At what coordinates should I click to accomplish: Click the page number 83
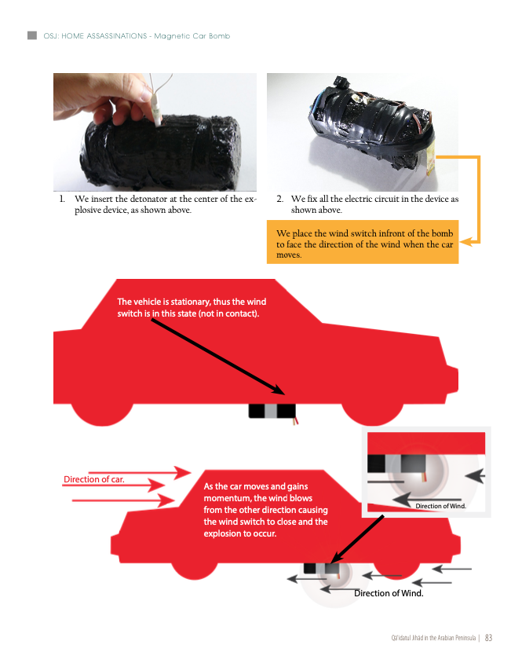488,638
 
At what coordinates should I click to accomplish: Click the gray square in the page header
31,35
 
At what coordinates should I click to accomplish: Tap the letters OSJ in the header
51,36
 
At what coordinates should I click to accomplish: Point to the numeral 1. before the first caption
62,199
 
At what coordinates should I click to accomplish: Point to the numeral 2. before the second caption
279,199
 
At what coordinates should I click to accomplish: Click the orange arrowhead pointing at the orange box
465,242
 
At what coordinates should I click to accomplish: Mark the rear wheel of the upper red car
102,414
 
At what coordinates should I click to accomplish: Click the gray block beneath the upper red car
271,411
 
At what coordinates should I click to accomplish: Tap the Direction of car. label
93,479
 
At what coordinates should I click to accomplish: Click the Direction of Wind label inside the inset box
440,506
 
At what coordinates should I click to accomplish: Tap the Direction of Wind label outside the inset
389,593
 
